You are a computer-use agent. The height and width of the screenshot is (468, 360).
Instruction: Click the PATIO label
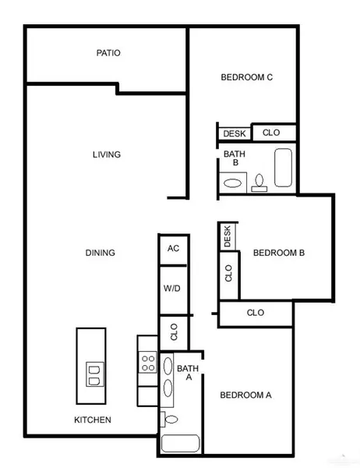(x=108, y=54)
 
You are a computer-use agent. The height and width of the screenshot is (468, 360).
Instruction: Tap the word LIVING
(x=106, y=154)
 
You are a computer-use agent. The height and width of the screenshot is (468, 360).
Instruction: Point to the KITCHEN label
(x=92, y=420)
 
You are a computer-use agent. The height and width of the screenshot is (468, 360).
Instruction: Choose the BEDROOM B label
(x=278, y=253)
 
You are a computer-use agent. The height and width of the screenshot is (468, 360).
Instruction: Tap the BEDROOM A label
(x=245, y=395)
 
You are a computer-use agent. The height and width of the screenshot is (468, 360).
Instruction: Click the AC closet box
(x=173, y=249)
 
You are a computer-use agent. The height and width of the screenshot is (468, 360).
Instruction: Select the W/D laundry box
(x=172, y=289)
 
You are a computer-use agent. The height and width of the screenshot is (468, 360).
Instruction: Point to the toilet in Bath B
(x=259, y=183)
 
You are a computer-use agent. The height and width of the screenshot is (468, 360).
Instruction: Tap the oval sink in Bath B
(x=233, y=184)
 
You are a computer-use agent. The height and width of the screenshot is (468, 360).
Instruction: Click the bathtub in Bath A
(x=181, y=445)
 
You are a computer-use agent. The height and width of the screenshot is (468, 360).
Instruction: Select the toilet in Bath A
(x=170, y=420)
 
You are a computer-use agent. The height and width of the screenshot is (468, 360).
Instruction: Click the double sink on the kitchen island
(x=92, y=374)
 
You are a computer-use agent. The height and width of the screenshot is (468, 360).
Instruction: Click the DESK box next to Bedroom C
(x=234, y=133)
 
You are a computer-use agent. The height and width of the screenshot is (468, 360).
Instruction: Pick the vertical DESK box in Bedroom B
(x=228, y=236)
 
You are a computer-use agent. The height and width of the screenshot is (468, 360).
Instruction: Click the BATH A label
(x=187, y=373)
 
